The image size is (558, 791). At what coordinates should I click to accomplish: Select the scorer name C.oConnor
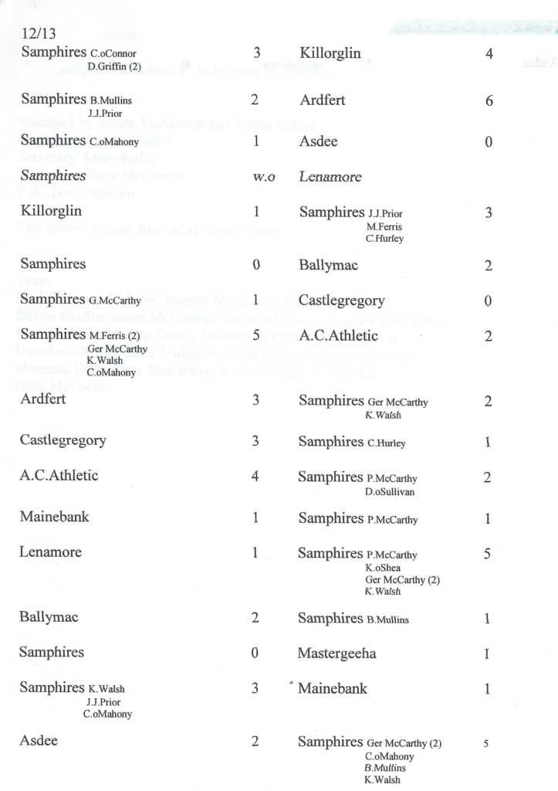[113, 54]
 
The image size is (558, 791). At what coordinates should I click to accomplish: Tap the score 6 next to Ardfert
[489, 101]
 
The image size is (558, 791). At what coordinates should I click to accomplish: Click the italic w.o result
[264, 177]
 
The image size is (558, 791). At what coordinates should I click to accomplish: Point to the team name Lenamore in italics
[330, 177]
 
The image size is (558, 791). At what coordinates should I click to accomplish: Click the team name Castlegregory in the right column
[343, 300]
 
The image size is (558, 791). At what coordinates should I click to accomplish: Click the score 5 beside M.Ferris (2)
[256, 336]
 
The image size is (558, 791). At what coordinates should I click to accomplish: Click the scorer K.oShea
[384, 567]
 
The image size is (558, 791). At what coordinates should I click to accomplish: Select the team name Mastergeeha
[337, 654]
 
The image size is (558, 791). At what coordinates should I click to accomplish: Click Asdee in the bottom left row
[39, 741]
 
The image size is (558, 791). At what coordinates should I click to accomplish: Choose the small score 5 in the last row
[486, 744]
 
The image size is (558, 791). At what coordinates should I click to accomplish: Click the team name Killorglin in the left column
[52, 211]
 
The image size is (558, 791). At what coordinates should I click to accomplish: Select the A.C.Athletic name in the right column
[339, 335]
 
